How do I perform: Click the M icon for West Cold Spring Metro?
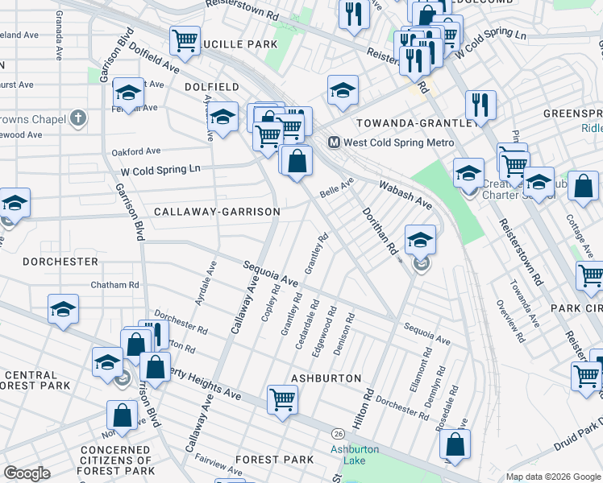point(333,142)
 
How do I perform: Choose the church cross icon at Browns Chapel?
point(77,118)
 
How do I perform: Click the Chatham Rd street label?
point(114,285)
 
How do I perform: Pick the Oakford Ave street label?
point(136,151)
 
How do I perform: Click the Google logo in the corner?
point(27,473)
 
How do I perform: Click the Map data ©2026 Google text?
point(552,477)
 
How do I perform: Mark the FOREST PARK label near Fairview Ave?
point(274,460)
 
